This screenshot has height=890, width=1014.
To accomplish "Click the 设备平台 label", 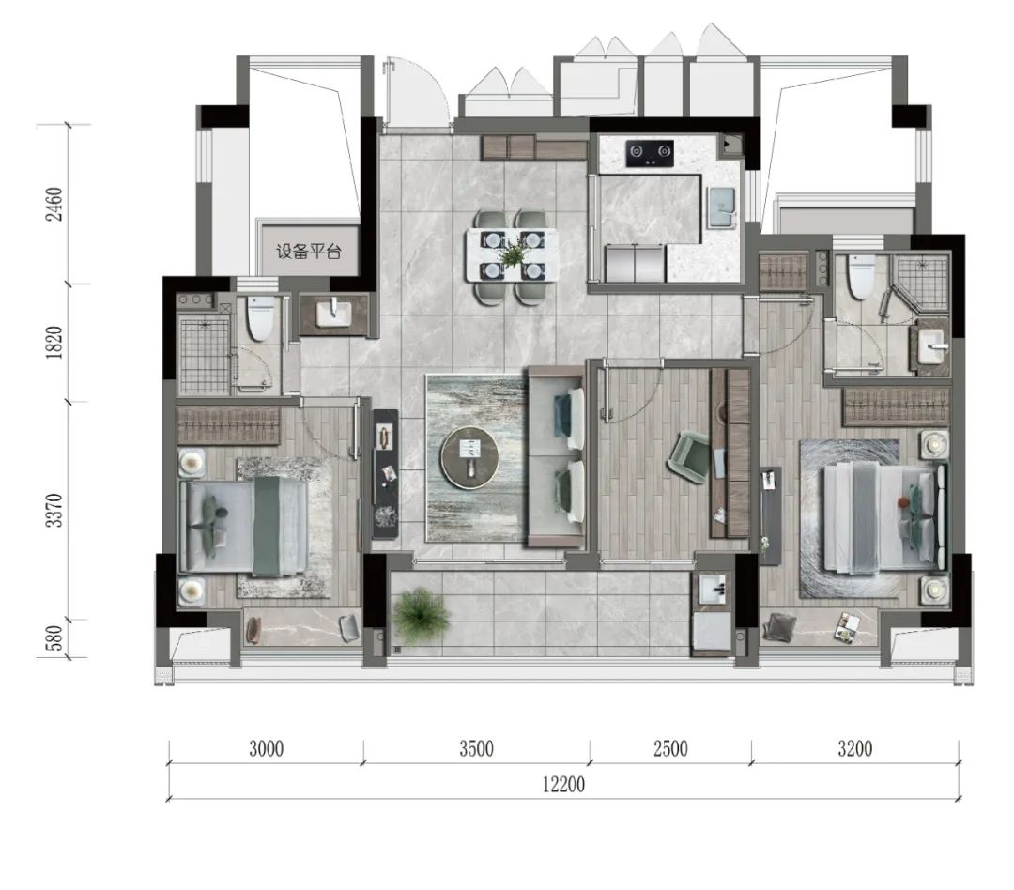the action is pyautogui.click(x=309, y=252).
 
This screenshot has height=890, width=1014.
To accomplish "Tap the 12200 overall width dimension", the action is pyautogui.click(x=563, y=785).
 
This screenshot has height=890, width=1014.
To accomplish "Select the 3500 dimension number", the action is pyautogui.click(x=477, y=749).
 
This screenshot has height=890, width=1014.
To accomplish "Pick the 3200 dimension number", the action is pyautogui.click(x=855, y=749).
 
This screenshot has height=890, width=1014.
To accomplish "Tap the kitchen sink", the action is pyautogui.click(x=722, y=207).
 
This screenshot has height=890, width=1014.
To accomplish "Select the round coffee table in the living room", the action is pyautogui.click(x=469, y=456).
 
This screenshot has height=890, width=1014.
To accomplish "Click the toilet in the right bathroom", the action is pyautogui.click(x=861, y=276).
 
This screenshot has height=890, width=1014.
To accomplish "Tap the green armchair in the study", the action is pyautogui.click(x=690, y=457).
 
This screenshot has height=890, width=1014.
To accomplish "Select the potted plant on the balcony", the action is pyautogui.click(x=421, y=615).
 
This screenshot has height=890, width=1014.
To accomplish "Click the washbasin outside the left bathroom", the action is pyautogui.click(x=333, y=315).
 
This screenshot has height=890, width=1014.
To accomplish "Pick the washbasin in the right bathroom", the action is pyautogui.click(x=930, y=347).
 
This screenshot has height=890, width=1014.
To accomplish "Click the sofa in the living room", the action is pyautogui.click(x=557, y=456).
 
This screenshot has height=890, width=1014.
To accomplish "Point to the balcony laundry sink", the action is pyautogui.click(x=714, y=589).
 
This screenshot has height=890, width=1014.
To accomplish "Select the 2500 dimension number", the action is pyautogui.click(x=670, y=749).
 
